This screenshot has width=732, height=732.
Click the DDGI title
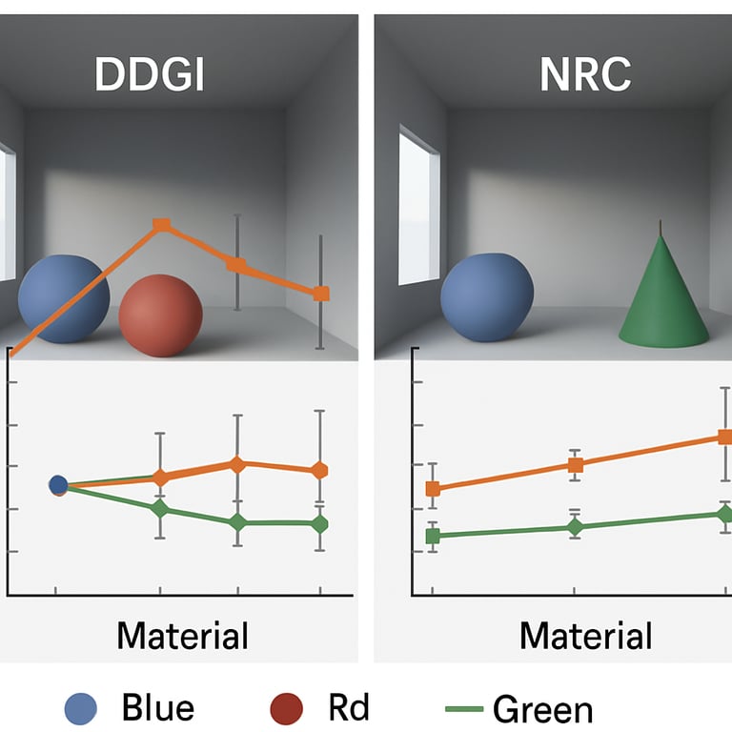(x=150, y=75)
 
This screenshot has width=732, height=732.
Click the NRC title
(x=584, y=75)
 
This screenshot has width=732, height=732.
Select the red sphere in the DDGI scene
(x=160, y=315)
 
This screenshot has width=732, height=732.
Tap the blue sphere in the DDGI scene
(x=64, y=296)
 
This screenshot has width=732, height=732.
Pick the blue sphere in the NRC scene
(x=487, y=296)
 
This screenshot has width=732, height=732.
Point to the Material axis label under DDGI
(x=182, y=636)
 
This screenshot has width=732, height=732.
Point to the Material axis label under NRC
(x=586, y=636)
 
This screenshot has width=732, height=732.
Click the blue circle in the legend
(x=81, y=708)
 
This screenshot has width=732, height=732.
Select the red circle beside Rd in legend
(x=286, y=708)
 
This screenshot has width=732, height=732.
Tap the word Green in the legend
(x=542, y=709)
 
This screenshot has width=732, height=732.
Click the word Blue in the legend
(x=158, y=708)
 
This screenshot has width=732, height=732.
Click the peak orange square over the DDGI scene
(x=162, y=225)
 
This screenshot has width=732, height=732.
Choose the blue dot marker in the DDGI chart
(x=57, y=485)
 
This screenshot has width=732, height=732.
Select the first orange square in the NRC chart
(x=433, y=489)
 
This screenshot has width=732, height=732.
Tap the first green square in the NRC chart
(x=433, y=536)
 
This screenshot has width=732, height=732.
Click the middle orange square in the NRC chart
(x=575, y=465)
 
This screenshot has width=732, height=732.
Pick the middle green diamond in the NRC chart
(x=575, y=527)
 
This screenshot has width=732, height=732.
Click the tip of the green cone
(x=661, y=226)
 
